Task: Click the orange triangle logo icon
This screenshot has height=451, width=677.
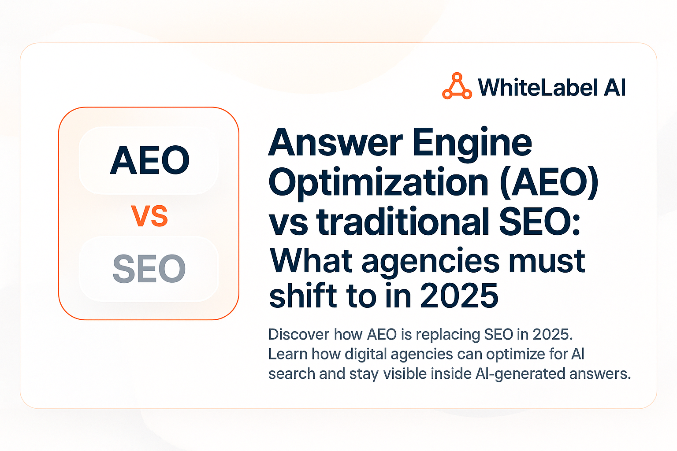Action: coord(457,86)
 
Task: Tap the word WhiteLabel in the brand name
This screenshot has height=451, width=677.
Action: coord(538,87)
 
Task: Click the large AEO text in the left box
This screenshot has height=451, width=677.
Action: coord(150,160)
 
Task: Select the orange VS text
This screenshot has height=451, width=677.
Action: coord(149,216)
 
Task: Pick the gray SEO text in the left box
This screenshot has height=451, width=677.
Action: coord(149,269)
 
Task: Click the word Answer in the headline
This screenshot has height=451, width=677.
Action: coord(335,143)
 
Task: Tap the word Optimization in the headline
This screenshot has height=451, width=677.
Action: coord(379,182)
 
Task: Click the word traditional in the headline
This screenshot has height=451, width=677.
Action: coord(403,221)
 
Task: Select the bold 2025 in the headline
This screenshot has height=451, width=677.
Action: coord(459,296)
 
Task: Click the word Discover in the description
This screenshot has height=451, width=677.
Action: coord(299,335)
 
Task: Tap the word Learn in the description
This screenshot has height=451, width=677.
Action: coord(287,354)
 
